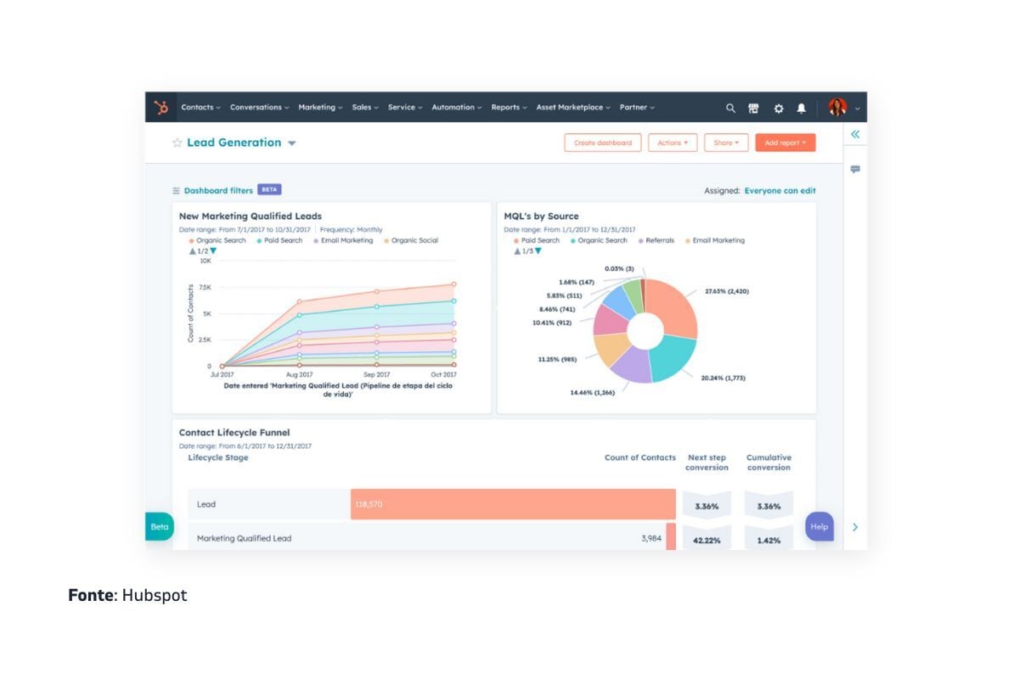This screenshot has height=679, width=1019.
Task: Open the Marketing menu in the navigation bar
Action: click(320, 108)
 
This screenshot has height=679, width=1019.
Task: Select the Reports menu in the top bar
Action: click(509, 108)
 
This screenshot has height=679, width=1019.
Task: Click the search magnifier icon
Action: click(730, 109)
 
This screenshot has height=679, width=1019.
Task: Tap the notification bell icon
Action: click(802, 109)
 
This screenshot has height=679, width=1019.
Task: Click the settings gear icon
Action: click(778, 109)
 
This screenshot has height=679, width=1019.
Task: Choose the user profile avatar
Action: click(837, 108)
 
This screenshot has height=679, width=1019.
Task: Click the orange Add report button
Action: click(785, 143)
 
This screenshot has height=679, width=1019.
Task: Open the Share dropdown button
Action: click(725, 143)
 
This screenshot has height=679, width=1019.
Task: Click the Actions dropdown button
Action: click(673, 143)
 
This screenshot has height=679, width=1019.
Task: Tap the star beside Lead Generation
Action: click(177, 143)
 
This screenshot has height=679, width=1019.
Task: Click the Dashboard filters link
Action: click(218, 191)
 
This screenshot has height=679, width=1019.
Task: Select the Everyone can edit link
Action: click(780, 191)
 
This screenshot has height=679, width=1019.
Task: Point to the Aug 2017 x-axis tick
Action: click(299, 374)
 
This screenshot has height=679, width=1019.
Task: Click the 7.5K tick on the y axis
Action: click(205, 288)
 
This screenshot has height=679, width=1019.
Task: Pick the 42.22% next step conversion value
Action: click(707, 540)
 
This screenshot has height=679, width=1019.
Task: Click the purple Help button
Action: click(819, 526)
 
